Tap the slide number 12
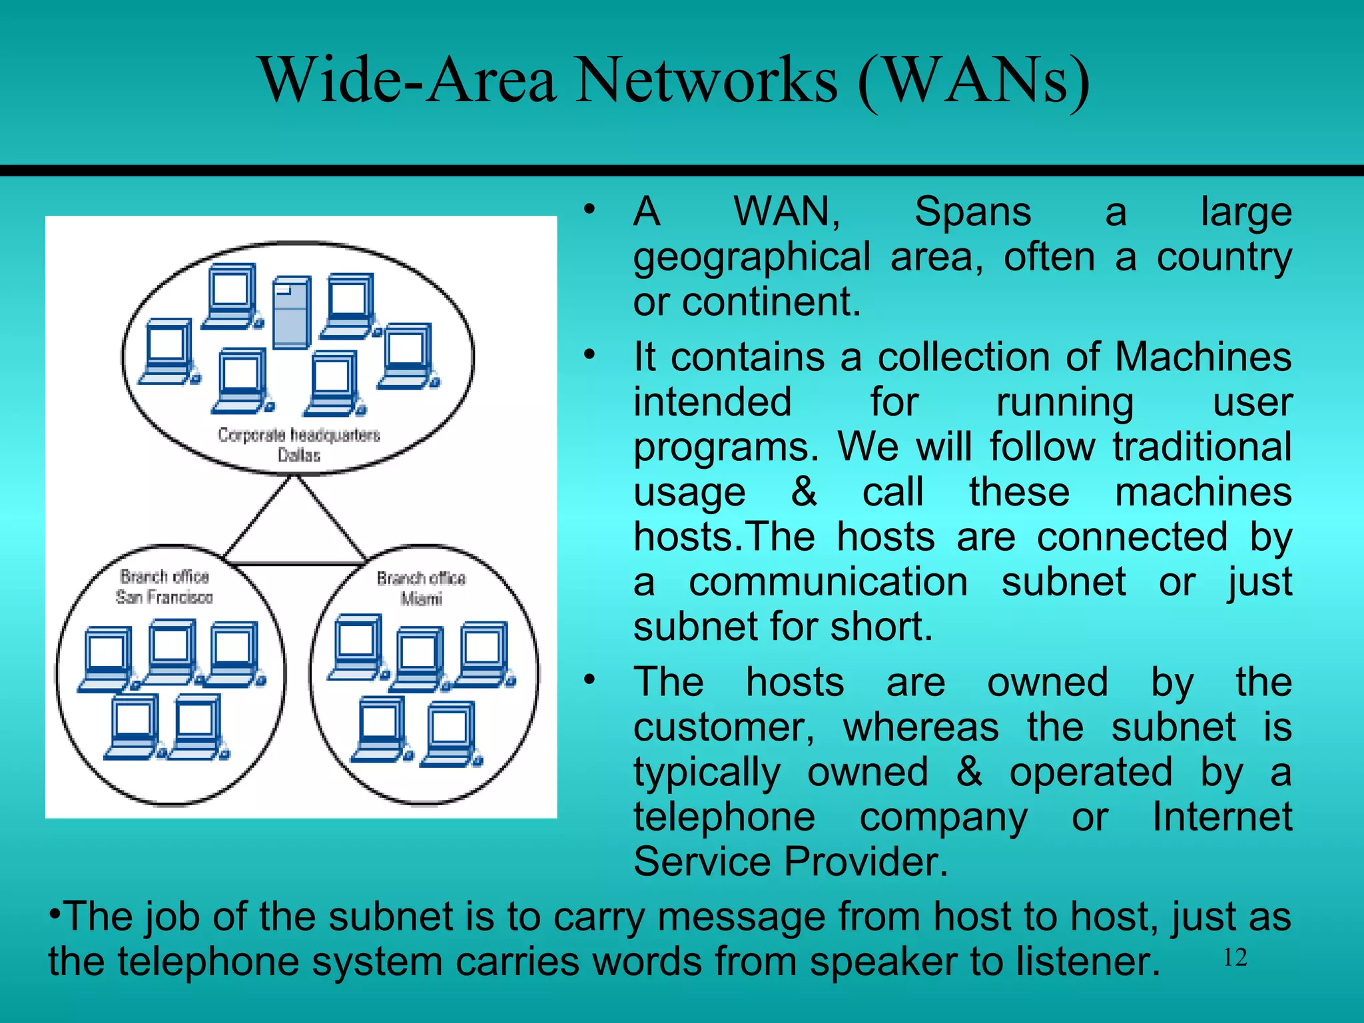(x=1235, y=958)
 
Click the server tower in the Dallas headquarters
(x=292, y=312)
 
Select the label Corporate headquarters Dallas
(x=299, y=444)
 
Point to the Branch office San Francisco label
(x=165, y=587)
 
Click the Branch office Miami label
(x=421, y=588)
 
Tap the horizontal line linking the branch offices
(x=296, y=563)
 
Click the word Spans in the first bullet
(x=972, y=212)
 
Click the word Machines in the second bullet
(x=1202, y=357)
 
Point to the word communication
(x=828, y=581)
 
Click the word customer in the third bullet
(x=723, y=727)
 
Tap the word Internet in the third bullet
(x=1221, y=817)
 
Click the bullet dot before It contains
(x=589, y=355)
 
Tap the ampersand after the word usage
(x=804, y=492)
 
